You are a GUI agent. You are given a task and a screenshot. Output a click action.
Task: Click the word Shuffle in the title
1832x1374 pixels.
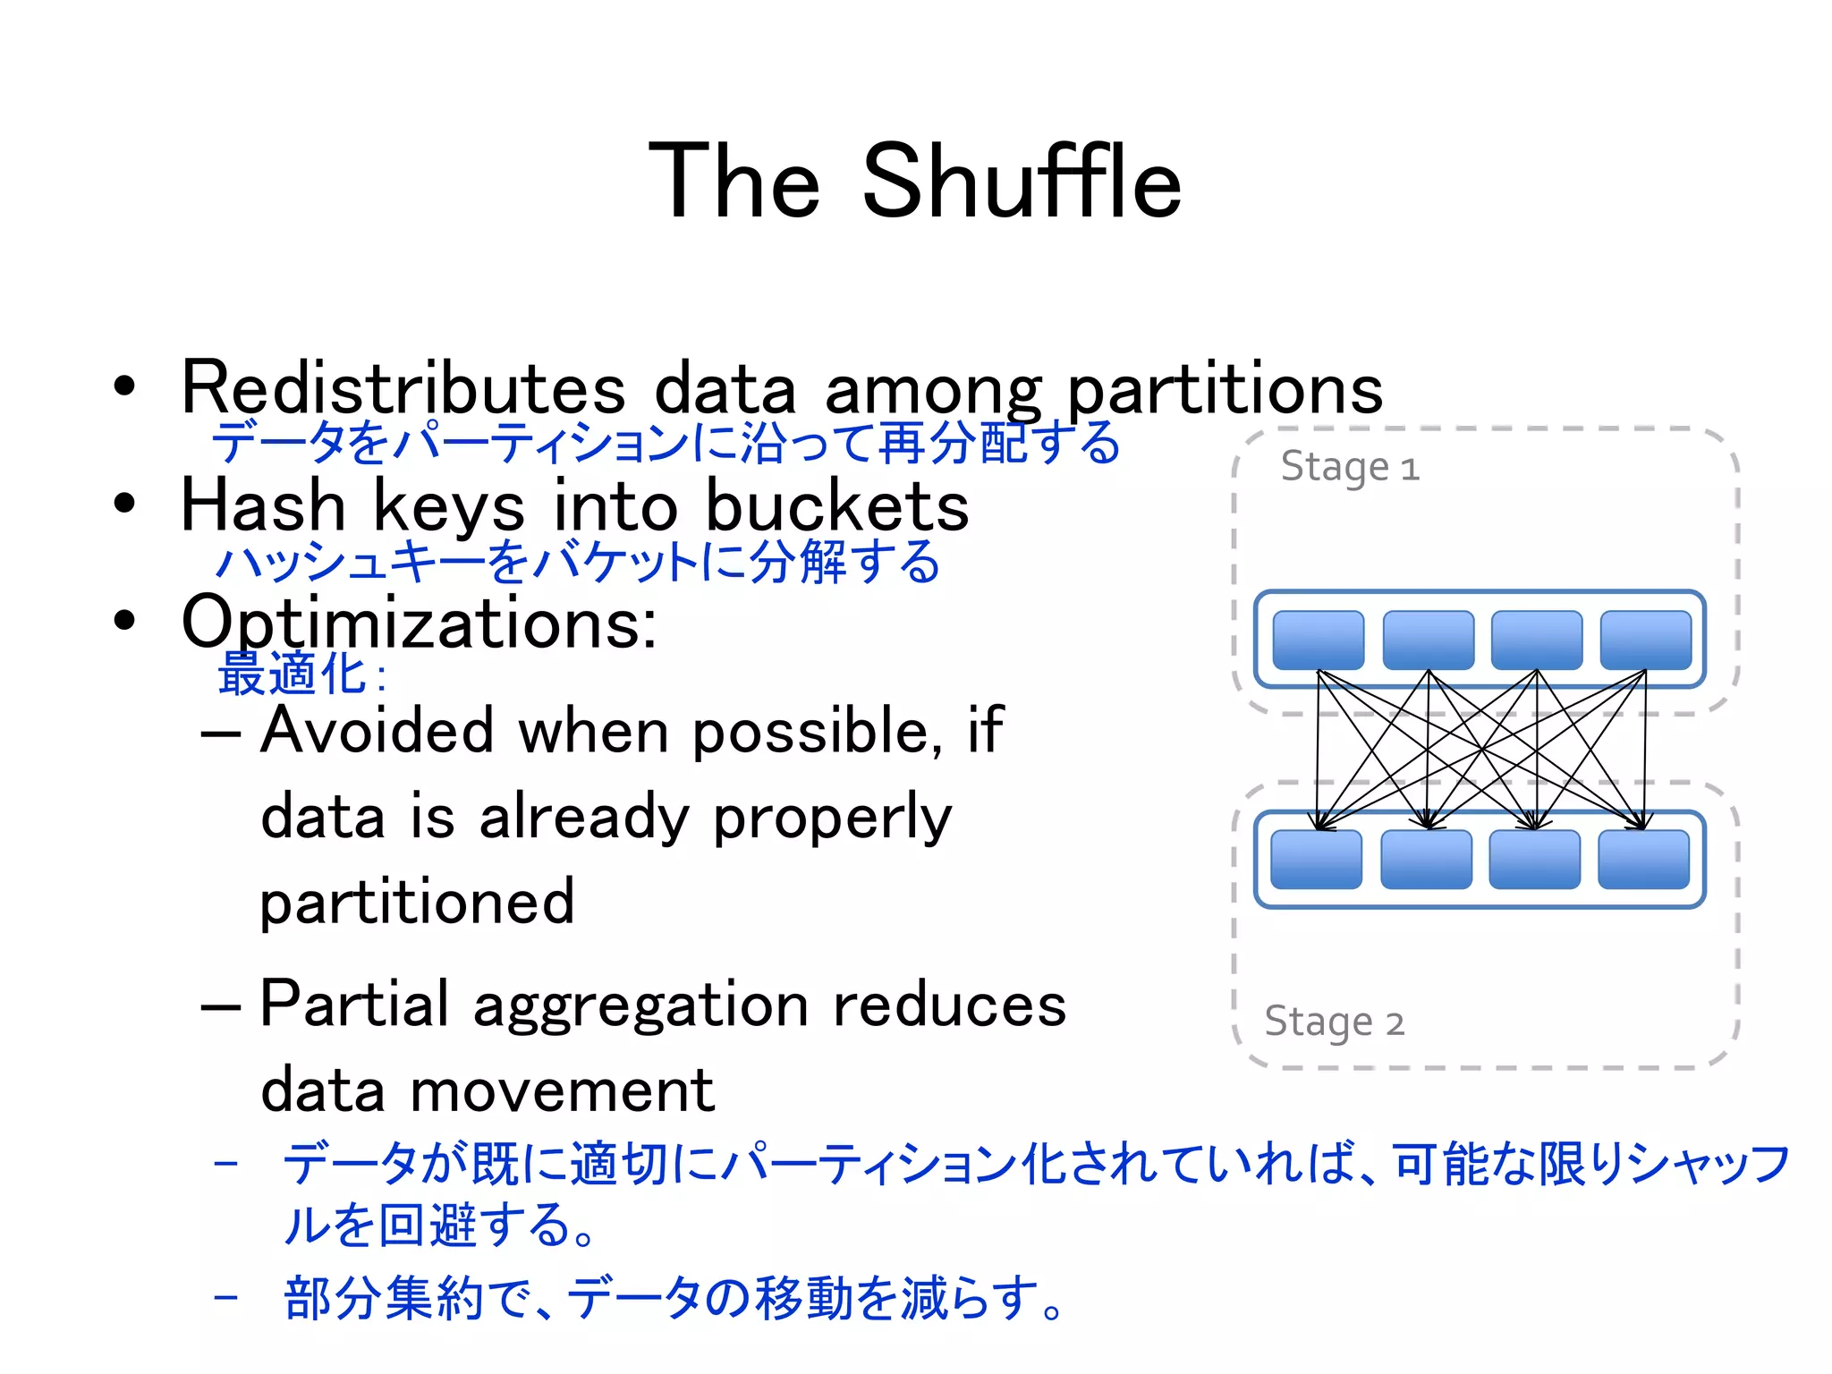pos(1022,182)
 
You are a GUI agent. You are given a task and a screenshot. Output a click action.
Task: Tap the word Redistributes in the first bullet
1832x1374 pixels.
pos(403,388)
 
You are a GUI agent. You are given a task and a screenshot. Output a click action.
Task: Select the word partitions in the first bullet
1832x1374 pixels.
pos(1226,390)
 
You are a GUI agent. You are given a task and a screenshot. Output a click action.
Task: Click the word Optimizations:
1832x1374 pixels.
pos(419,623)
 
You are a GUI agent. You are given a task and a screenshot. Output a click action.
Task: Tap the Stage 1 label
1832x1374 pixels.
pos(1349,467)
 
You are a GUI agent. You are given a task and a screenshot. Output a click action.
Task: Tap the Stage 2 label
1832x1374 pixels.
pos(1334,1022)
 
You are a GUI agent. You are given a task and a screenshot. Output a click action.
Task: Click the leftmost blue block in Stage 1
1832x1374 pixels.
pos(1318,640)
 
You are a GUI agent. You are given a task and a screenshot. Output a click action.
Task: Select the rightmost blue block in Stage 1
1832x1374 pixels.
pos(1645,640)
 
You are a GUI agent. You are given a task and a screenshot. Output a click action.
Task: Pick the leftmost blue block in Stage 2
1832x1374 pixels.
pos(1316,860)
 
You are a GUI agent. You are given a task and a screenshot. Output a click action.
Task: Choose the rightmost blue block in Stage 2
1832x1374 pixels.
pos(1643,860)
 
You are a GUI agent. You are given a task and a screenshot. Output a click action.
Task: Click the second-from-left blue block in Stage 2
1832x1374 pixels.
pos(1426,860)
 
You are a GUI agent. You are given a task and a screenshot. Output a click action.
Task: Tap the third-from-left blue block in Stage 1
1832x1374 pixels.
pos(1536,640)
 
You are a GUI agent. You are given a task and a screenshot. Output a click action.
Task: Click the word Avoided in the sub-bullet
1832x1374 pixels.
pos(377,730)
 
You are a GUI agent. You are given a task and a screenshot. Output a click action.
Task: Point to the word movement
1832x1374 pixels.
pos(563,1090)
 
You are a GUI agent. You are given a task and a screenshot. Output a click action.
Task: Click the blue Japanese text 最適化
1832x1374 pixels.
pos(292,674)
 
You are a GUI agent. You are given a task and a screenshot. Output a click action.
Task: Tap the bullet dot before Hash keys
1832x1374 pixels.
pos(124,504)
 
